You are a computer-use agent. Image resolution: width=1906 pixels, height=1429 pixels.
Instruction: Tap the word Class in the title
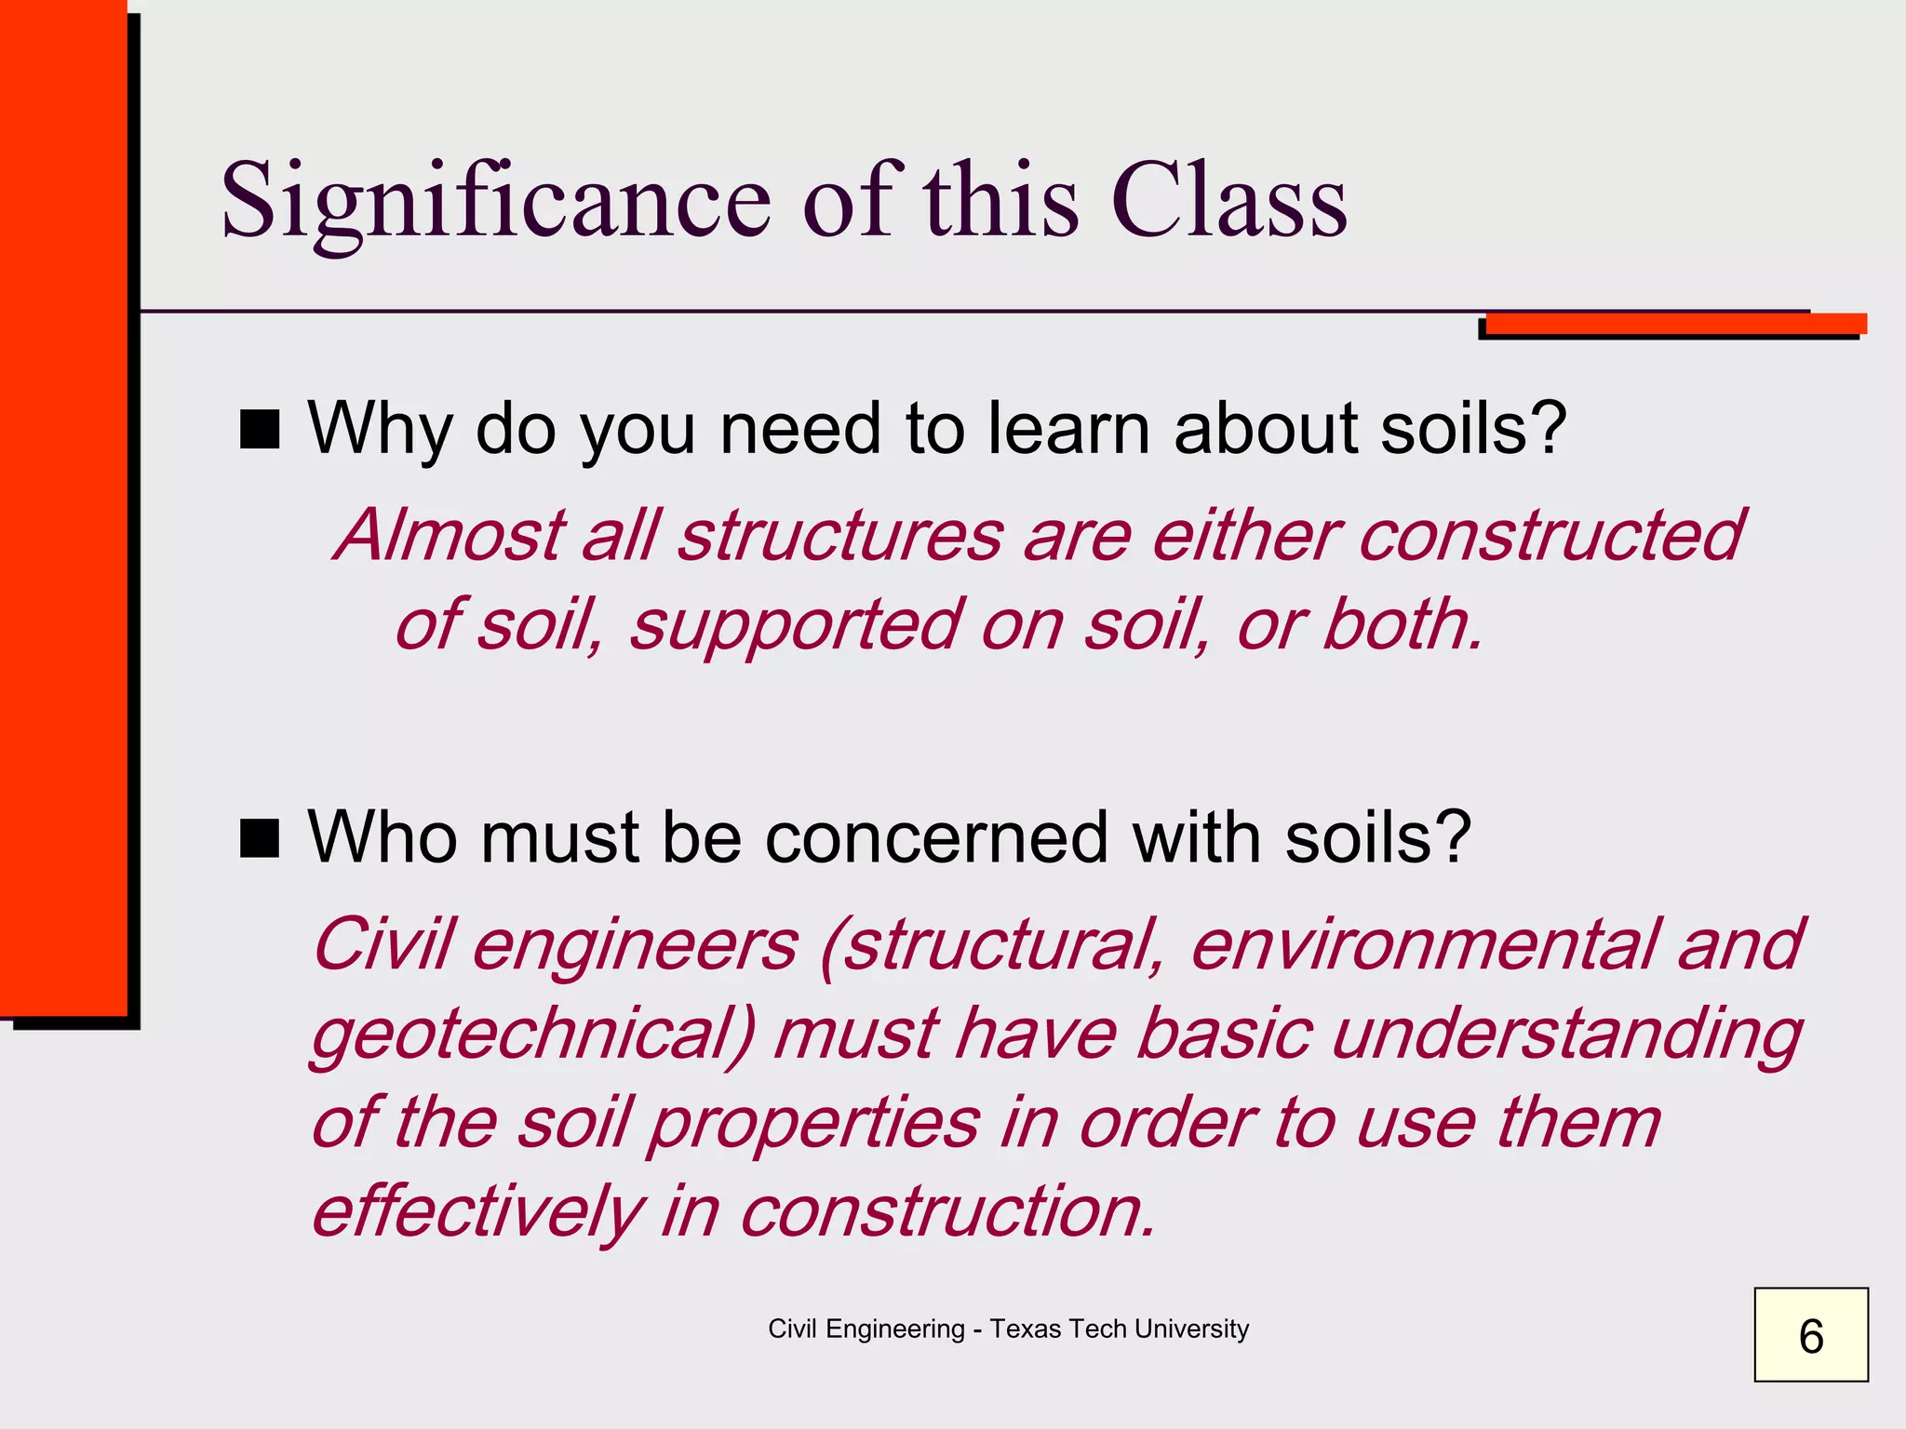click(x=1228, y=201)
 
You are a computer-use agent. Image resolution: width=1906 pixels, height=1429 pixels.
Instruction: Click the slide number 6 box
click(x=1810, y=1335)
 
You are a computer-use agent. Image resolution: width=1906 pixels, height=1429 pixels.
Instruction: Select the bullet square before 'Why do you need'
click(x=260, y=430)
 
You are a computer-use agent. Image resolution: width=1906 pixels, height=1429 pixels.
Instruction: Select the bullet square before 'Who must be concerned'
click(x=260, y=837)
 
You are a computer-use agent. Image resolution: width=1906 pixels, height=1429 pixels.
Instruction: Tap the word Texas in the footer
click(x=1025, y=1329)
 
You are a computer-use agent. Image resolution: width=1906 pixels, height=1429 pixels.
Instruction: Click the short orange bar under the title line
click(x=1675, y=324)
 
